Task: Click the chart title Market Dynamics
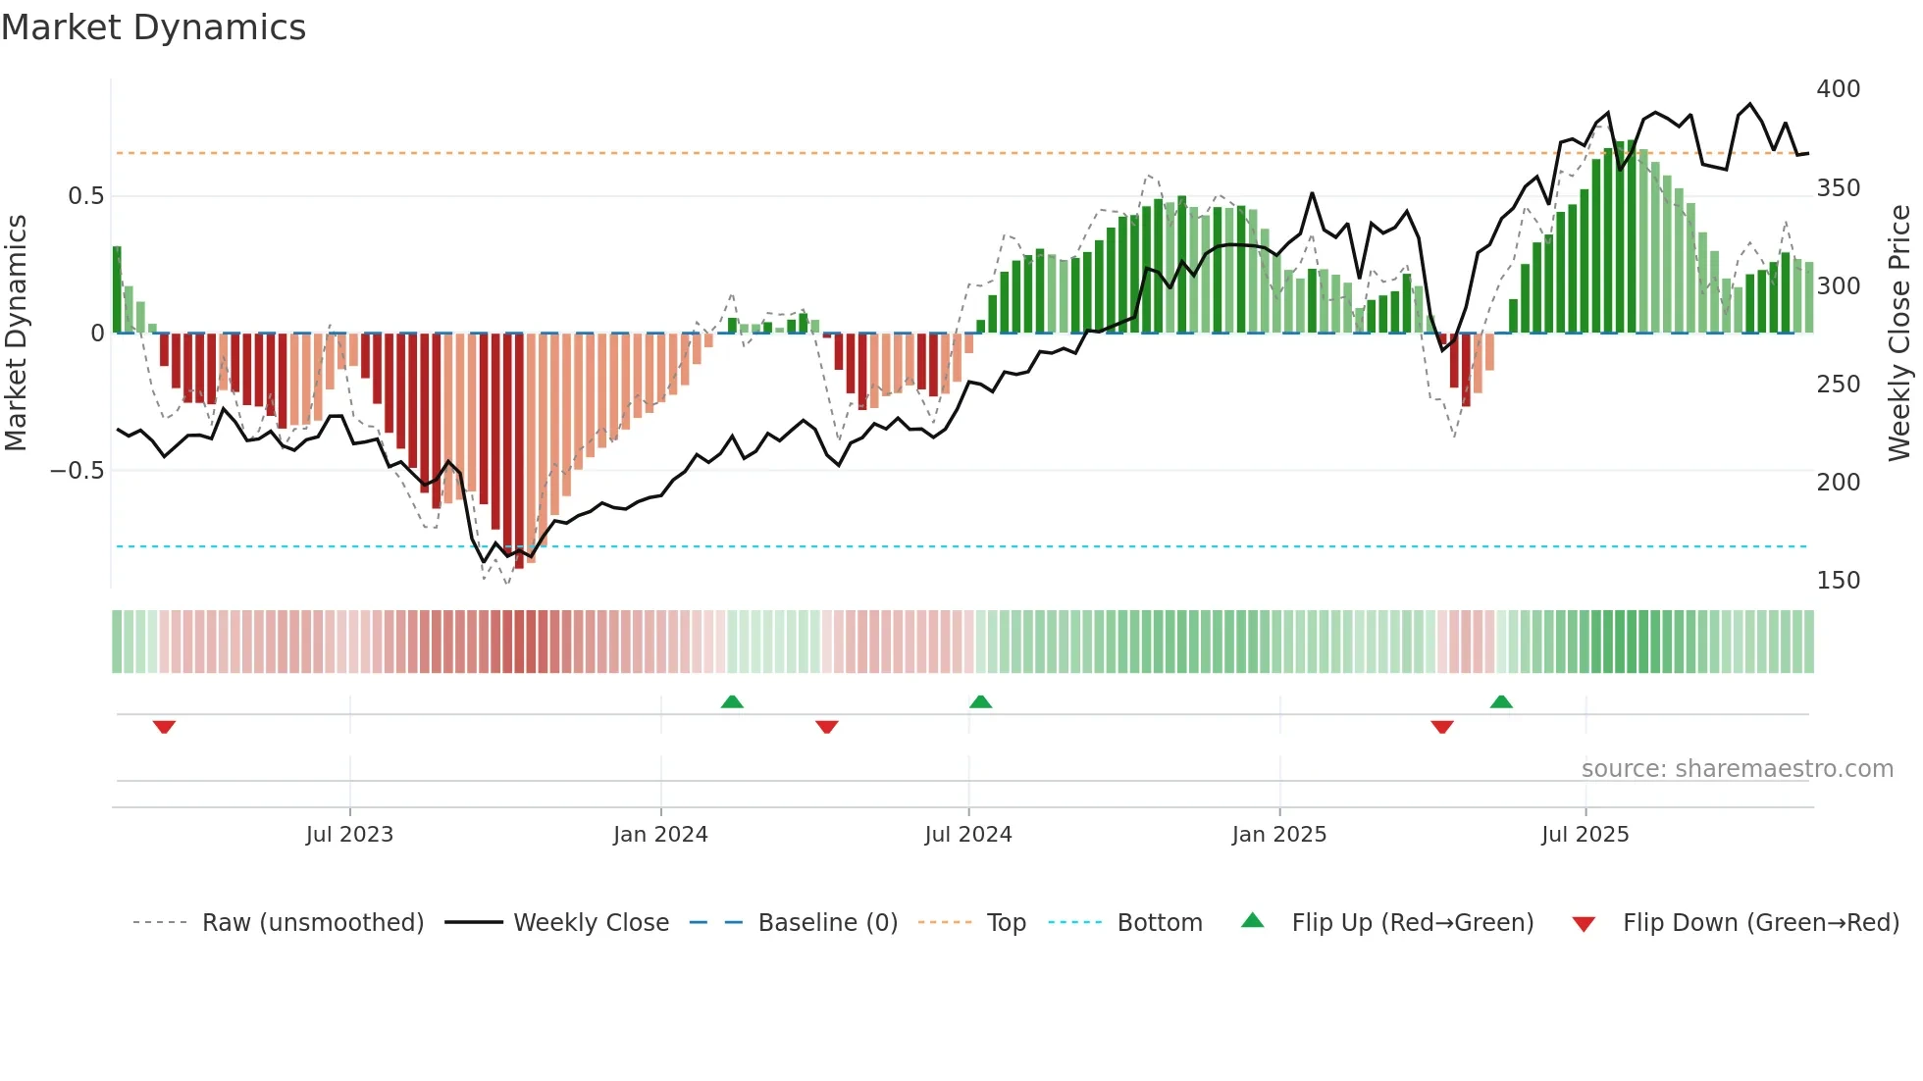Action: pyautogui.click(x=154, y=27)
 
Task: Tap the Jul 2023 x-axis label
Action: pyautogui.click(x=349, y=835)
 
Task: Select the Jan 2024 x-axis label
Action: pyautogui.click(x=660, y=835)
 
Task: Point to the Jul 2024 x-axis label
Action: pyautogui.click(x=968, y=835)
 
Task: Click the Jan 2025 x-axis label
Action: pyautogui.click(x=1279, y=835)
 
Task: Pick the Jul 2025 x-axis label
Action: pyautogui.click(x=1585, y=835)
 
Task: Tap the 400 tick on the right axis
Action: pyautogui.click(x=1839, y=89)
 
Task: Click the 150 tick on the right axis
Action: pyautogui.click(x=1839, y=581)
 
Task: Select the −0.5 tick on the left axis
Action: pyautogui.click(x=77, y=471)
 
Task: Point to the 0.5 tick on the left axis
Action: pyautogui.click(x=85, y=196)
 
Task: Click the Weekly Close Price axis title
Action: pyautogui.click(x=1899, y=334)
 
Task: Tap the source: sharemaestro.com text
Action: pyautogui.click(x=1738, y=769)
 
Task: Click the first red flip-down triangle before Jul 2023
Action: pyautogui.click(x=164, y=727)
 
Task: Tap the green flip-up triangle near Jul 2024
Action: pyautogui.click(x=980, y=701)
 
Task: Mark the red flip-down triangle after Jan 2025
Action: pyautogui.click(x=1441, y=727)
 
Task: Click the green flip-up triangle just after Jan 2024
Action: pyautogui.click(x=732, y=701)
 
